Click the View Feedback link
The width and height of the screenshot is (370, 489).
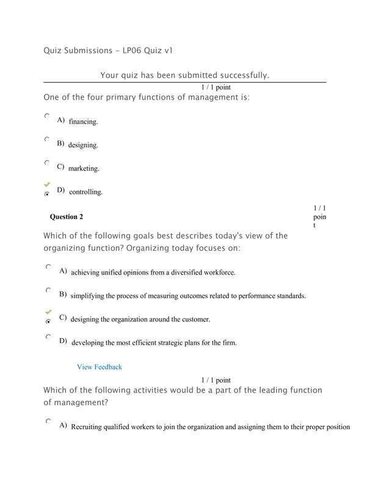coord(99,367)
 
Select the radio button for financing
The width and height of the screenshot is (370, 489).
coord(47,116)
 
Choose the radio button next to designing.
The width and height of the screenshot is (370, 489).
coord(47,139)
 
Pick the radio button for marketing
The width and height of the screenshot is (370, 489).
coord(47,163)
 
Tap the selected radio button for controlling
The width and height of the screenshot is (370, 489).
coord(47,194)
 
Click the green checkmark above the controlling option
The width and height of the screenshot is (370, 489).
coord(47,184)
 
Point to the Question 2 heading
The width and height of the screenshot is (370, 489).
coord(67,216)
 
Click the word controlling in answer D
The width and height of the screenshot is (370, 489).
coord(85,192)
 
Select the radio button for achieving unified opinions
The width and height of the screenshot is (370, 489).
coord(48,267)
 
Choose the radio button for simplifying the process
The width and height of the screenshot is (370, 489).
coord(48,290)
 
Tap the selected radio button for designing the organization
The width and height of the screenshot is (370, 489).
coord(48,321)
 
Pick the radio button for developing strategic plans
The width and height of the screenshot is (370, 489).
coord(48,337)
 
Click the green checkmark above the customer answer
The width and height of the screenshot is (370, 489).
coord(48,312)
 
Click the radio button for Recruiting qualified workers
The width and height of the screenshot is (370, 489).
coord(48,421)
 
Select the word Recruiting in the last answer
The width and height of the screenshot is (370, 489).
coord(89,427)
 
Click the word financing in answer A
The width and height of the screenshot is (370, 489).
coord(83,122)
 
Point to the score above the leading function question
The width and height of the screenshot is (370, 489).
coord(216,380)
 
